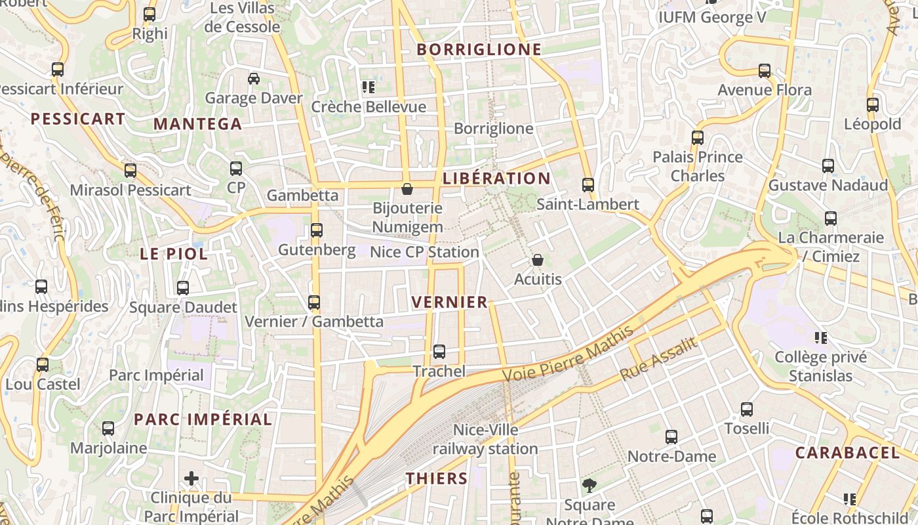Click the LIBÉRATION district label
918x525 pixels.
click(496, 178)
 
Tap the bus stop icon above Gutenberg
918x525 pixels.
click(317, 230)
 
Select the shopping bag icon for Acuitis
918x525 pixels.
click(538, 260)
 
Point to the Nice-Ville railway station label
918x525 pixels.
click(485, 440)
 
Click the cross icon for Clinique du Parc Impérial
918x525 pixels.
click(191, 478)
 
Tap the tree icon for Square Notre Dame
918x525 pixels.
click(589, 486)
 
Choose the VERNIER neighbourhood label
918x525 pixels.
click(449, 302)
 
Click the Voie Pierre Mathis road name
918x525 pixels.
click(568, 354)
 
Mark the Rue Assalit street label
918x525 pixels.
click(658, 359)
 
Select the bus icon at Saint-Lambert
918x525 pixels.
click(588, 185)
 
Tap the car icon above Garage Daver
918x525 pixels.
click(254, 79)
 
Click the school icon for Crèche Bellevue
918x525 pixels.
click(369, 87)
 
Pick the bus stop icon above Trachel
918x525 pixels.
click(439, 352)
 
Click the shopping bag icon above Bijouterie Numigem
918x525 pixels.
click(407, 189)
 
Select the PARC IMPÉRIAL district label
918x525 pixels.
click(203, 419)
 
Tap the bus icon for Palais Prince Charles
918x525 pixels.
click(698, 138)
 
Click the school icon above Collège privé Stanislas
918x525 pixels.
click(820, 338)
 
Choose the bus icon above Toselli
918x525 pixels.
click(747, 409)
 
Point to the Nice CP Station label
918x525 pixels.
click(424, 252)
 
